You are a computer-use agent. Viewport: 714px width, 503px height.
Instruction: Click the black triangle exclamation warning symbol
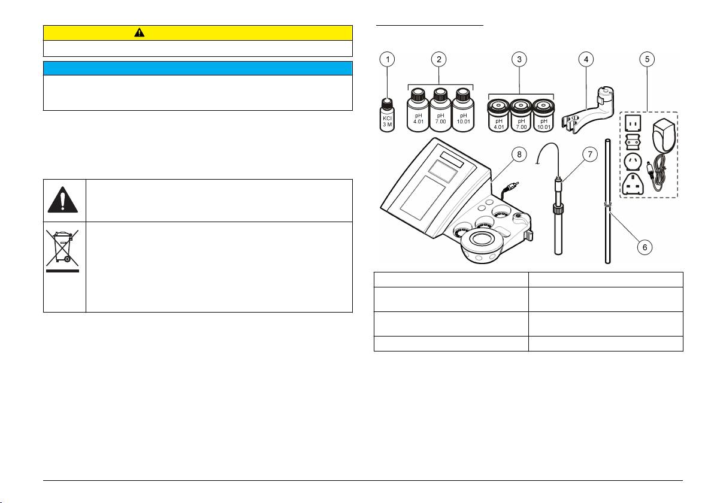pyautogui.click(x=64, y=199)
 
